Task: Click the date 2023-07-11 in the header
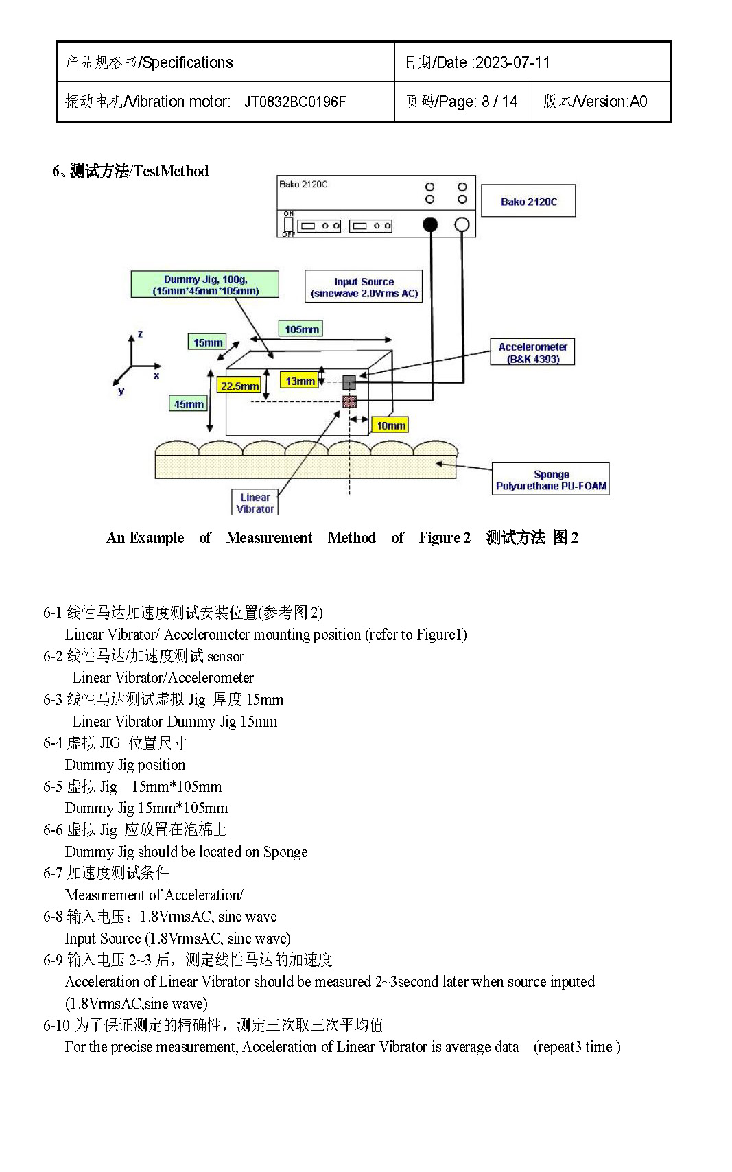pos(513,62)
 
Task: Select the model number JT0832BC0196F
pos(295,102)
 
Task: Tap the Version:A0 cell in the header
pos(595,102)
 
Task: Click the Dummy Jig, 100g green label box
pos(205,285)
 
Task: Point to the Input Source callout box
pos(364,286)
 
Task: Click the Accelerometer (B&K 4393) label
pos(532,352)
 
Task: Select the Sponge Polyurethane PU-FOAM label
pos(551,479)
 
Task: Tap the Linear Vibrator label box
pos(255,502)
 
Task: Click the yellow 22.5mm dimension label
pos(239,386)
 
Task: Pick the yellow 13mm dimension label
pos(300,380)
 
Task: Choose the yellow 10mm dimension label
pos(390,425)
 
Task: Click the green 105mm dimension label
pos(301,329)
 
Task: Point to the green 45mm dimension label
pos(189,404)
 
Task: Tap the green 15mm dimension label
pos(207,342)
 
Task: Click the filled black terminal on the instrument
pos(430,225)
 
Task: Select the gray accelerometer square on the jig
pos(349,382)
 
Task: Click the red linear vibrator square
pos(349,401)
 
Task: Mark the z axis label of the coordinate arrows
pos(140,333)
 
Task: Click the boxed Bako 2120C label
pos(528,201)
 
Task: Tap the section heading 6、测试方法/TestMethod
pos(130,171)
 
